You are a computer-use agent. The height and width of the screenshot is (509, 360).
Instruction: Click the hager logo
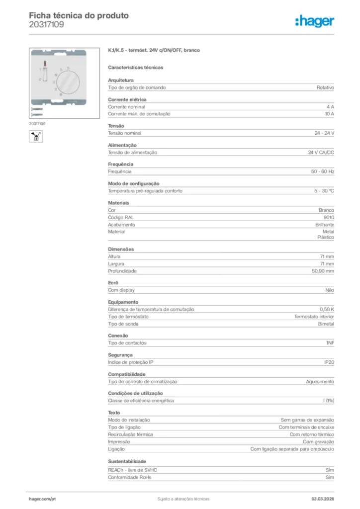point(314,21)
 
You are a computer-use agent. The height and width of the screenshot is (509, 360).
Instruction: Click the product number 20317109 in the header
point(46,24)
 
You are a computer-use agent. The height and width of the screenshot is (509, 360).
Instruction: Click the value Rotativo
point(325,87)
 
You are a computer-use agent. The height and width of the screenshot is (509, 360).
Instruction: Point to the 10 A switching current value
point(329,114)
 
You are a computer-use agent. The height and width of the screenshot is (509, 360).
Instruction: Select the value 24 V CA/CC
point(321,153)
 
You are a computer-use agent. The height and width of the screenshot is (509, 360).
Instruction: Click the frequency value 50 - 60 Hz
point(322,171)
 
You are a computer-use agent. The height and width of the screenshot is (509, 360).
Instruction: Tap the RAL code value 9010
point(328,217)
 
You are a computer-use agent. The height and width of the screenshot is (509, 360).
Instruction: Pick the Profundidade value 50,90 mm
point(323,271)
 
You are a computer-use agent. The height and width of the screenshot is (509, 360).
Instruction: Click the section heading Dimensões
point(121,249)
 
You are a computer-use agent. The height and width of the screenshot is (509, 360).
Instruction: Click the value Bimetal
point(326,324)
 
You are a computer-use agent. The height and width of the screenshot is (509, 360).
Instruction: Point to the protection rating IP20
point(329,362)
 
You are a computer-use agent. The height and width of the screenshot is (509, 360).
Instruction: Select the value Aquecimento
point(320,381)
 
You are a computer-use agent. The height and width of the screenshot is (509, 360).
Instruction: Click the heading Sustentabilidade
point(127,461)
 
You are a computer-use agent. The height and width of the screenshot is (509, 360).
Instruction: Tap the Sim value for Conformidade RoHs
point(330,477)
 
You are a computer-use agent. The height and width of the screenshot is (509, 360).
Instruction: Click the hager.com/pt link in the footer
point(42,499)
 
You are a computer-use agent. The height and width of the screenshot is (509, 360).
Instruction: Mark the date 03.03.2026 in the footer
point(322,499)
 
